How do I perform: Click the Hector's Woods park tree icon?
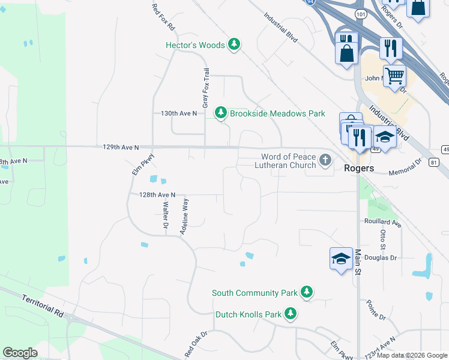coord(234,44)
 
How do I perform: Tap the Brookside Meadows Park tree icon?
coord(221,113)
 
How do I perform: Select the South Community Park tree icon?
coord(307,293)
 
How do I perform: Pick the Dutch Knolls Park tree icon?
coord(291,314)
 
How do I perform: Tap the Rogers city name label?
coord(360,168)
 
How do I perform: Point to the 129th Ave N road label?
coord(121,147)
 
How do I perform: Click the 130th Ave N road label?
coord(179,113)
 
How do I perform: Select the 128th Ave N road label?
coord(157,194)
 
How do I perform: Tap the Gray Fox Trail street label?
coord(206,88)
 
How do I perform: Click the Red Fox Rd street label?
coord(163,17)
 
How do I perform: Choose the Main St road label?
coord(359,262)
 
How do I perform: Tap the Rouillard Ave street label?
coord(382,221)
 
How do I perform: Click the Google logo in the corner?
coord(20,353)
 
